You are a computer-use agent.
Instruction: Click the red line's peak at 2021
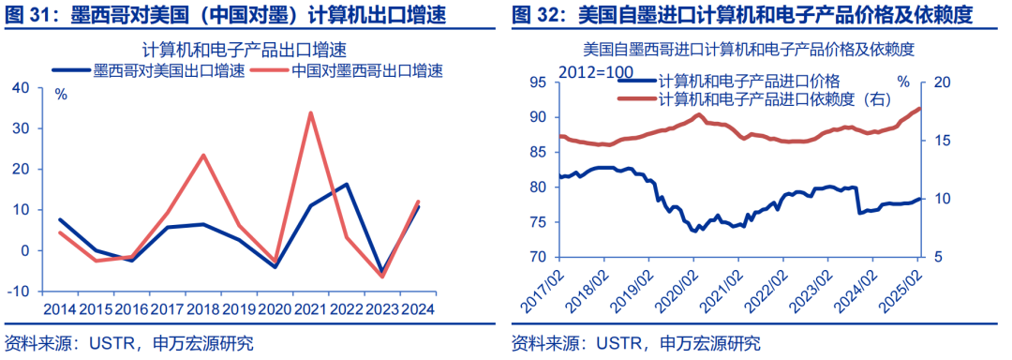[x=309, y=112]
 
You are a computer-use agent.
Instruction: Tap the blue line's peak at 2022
[x=347, y=185]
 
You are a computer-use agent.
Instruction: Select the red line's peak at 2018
[x=203, y=155]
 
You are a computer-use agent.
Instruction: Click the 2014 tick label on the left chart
[x=59, y=308]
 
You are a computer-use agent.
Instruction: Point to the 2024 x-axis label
[x=417, y=308]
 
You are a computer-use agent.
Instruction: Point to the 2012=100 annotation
[x=596, y=71]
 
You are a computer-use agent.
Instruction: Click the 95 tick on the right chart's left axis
[x=537, y=82]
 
